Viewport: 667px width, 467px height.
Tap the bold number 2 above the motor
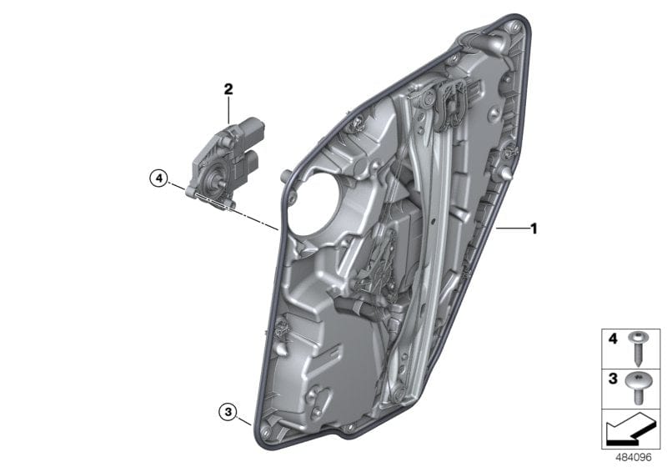pyautogui.click(x=228, y=88)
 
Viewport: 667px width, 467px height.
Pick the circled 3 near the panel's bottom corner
pyautogui.click(x=227, y=410)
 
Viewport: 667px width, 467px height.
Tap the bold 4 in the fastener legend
pyautogui.click(x=611, y=339)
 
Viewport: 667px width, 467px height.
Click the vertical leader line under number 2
pyautogui.click(x=228, y=110)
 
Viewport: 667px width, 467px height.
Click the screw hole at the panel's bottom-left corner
pyautogui.click(x=264, y=429)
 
